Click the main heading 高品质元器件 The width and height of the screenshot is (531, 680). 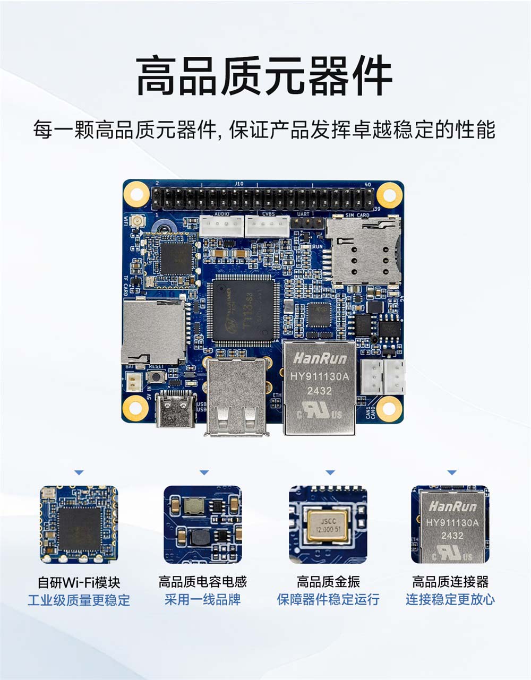coord(264,77)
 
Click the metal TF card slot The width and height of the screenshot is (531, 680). coord(153,330)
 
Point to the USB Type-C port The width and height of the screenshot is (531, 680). coord(176,411)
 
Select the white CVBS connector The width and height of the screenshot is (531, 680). coord(267,227)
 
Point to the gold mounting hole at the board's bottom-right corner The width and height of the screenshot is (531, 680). coord(390,408)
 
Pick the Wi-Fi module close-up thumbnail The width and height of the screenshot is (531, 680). coord(79,524)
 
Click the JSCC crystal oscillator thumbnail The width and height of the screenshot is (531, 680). coord(328,524)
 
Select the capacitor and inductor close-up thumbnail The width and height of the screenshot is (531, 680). coord(202,524)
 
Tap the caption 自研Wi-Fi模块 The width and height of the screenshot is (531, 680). coord(79,582)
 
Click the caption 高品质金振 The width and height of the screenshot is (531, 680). coord(328,582)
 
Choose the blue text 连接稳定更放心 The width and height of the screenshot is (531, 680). coord(450,600)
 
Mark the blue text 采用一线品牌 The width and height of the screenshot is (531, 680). coord(202,600)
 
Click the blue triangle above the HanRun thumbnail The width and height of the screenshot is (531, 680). coord(452,472)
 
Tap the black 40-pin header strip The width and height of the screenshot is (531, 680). coord(263,199)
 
